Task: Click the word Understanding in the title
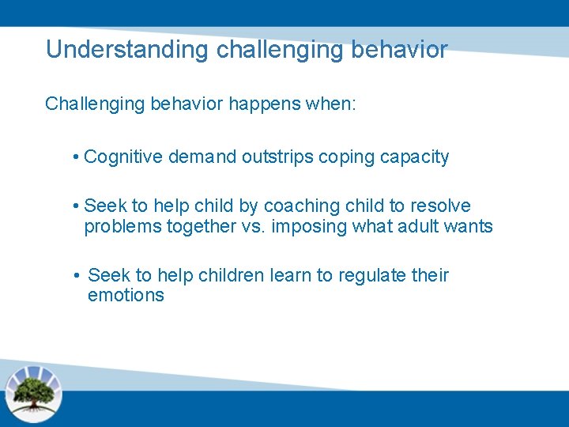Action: click(x=127, y=50)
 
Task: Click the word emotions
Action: click(x=126, y=296)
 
